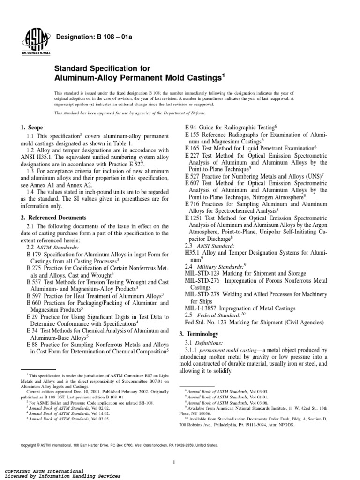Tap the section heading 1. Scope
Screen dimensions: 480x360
[32, 127]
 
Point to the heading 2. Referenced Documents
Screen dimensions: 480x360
[53, 217]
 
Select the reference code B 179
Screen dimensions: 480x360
[36, 254]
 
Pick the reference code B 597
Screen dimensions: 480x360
[36, 296]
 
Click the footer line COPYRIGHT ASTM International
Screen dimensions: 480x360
[44, 470]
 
